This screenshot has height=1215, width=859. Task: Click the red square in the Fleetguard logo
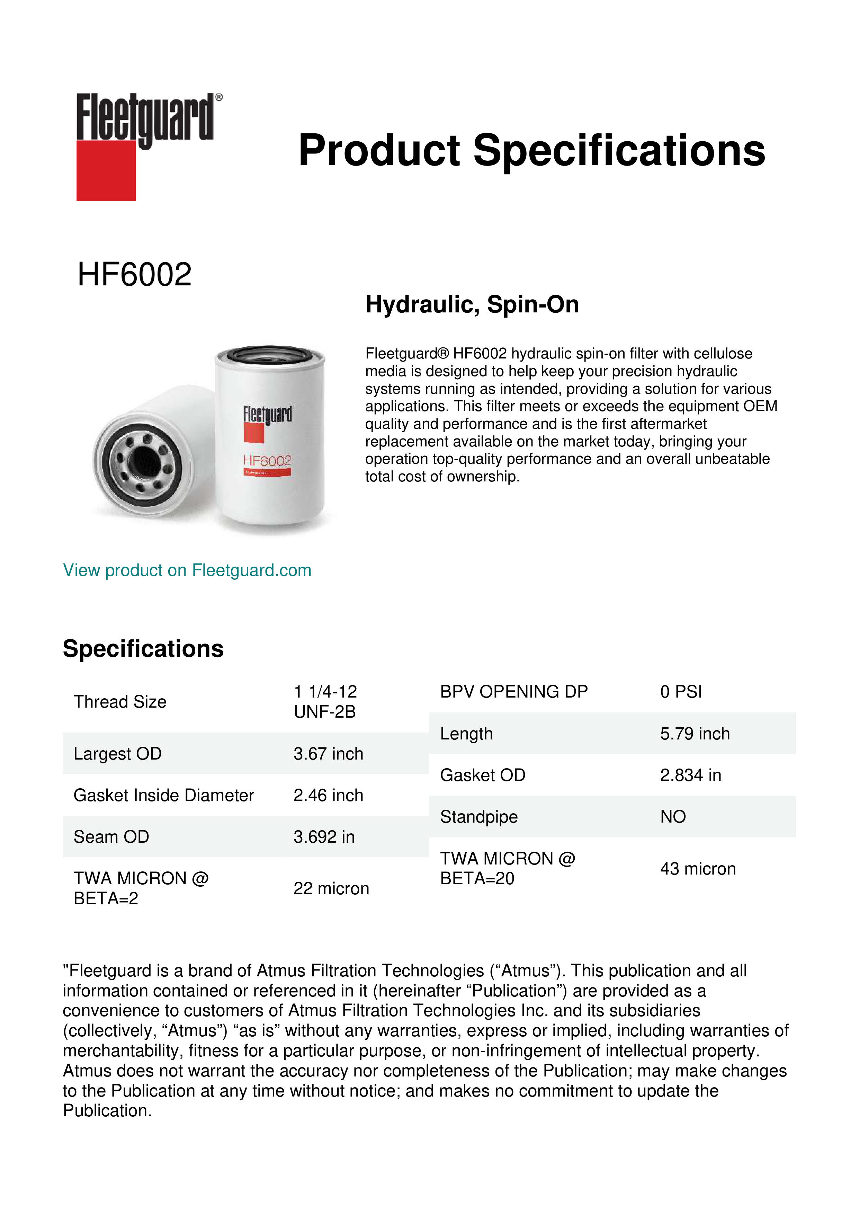[106, 170]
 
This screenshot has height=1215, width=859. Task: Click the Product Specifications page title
[531, 150]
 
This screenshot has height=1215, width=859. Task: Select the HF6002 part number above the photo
[134, 275]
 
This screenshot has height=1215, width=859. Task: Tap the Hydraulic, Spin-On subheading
[472, 305]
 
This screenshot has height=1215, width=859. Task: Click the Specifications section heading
[143, 649]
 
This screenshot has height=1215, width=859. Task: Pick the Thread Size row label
[120, 702]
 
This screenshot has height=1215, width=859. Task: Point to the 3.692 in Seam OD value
[324, 837]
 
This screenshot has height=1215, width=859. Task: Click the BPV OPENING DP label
[513, 692]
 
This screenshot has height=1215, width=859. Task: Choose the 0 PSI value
[681, 692]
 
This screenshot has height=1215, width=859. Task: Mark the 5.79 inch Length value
[695, 734]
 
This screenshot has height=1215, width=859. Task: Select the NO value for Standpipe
[673, 817]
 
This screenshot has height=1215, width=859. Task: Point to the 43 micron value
[698, 869]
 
